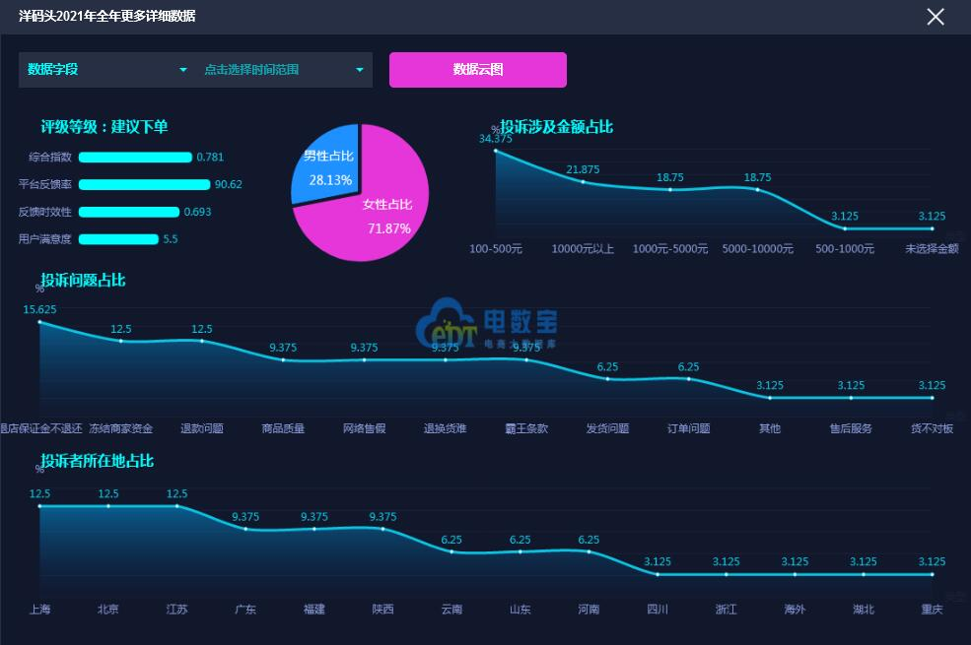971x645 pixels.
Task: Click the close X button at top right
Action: [936, 17]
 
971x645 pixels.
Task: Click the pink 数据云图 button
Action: [478, 70]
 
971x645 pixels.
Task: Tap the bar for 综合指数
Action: [135, 157]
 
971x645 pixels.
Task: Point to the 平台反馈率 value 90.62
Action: [229, 184]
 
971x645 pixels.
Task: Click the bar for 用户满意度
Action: [118, 239]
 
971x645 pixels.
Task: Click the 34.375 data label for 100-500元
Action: [496, 139]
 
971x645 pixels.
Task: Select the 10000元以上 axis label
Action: [583, 249]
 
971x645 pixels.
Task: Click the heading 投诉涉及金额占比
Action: [556, 127]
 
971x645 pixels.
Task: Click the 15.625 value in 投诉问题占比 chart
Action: [40, 309]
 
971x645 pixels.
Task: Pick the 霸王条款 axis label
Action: [527, 428]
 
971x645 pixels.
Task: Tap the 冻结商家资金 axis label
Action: [121, 428]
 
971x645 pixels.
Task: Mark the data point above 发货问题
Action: [607, 378]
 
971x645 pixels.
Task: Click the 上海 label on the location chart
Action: [40, 610]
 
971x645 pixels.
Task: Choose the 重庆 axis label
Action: [932, 610]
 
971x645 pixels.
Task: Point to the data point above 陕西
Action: [382, 529]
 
